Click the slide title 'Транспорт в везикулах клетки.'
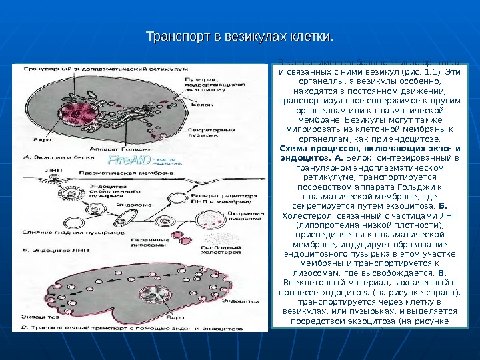(x=239, y=34)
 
